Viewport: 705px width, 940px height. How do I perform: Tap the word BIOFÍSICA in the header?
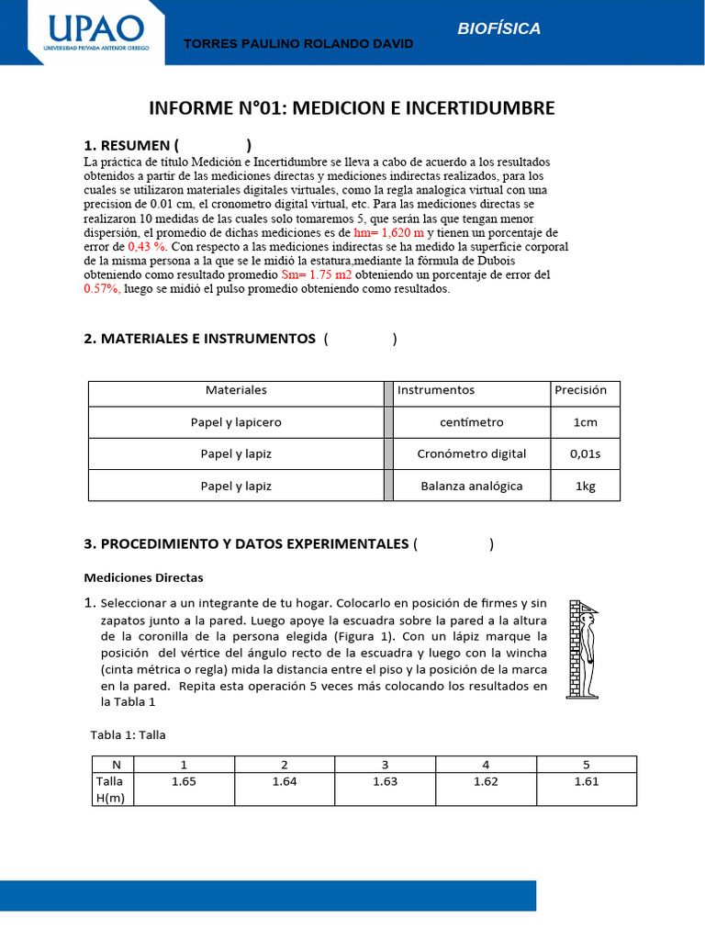(x=499, y=28)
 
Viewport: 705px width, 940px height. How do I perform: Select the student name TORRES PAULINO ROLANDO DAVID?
(x=299, y=44)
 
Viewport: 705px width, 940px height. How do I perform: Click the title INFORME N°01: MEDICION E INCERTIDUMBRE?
(x=352, y=108)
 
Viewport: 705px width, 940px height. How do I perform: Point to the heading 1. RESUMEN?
(x=127, y=145)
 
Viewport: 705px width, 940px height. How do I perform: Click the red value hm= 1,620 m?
(x=388, y=233)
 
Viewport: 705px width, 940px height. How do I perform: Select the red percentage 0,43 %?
(x=148, y=247)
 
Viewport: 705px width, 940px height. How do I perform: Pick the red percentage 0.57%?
(x=102, y=288)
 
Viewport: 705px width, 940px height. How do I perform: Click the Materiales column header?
(x=236, y=390)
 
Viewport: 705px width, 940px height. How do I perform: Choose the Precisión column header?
(x=581, y=390)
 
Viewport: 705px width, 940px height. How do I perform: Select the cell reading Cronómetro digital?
(x=472, y=453)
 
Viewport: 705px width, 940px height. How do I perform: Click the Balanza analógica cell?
(x=472, y=486)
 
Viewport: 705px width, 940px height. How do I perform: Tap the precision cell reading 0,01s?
(x=585, y=453)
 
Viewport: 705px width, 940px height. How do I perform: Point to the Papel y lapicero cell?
(x=236, y=422)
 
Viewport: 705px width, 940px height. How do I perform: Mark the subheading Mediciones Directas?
(x=143, y=577)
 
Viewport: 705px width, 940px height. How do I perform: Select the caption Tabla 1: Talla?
(x=128, y=734)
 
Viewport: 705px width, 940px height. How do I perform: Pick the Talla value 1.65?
(x=184, y=781)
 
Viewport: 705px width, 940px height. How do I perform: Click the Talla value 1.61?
(x=586, y=781)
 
